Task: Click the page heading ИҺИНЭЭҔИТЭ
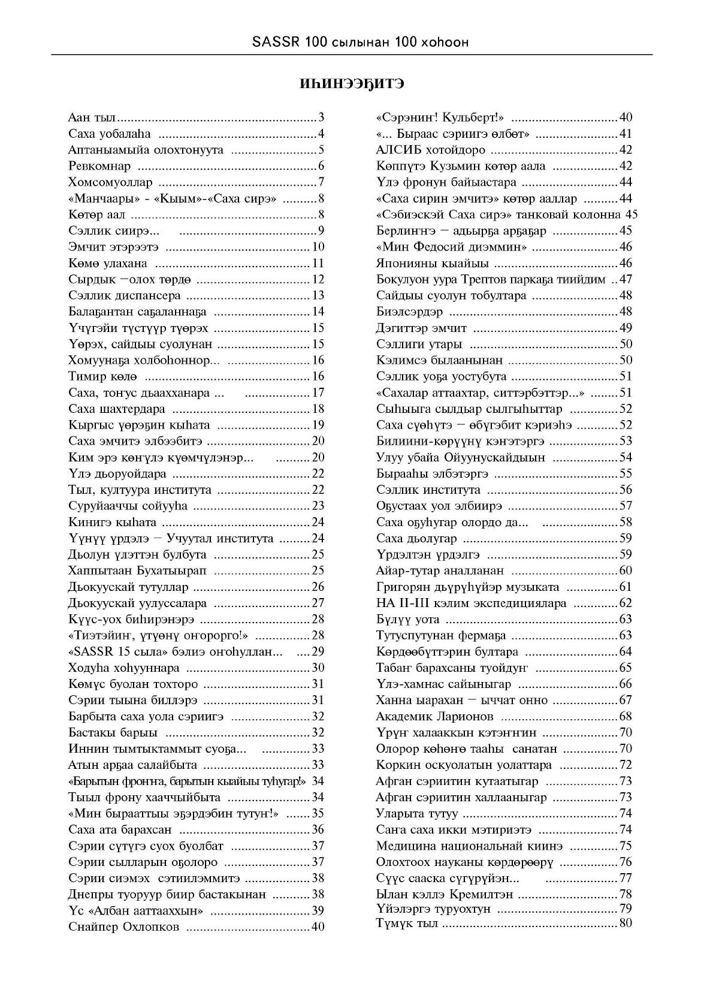(x=352, y=84)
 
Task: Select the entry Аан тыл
(x=92, y=117)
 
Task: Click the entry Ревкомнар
(x=99, y=166)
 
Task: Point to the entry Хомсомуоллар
(x=111, y=182)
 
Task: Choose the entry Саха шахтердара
(x=117, y=409)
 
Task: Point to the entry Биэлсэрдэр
(x=409, y=312)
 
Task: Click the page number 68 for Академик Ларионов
(x=626, y=716)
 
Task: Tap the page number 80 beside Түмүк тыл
(x=626, y=923)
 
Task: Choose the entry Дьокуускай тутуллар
(x=129, y=587)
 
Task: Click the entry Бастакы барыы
(x=113, y=732)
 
